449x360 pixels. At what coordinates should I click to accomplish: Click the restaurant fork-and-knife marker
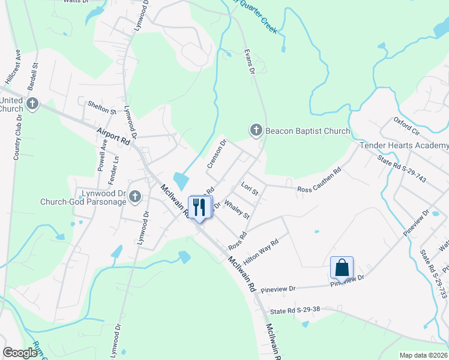[199, 207]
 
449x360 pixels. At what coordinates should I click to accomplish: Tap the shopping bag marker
[342, 267]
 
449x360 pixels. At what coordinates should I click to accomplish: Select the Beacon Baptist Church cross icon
[256, 130]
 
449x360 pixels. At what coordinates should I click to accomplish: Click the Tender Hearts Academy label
[404, 146]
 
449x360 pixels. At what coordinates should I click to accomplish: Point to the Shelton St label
[101, 110]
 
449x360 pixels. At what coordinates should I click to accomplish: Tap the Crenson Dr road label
[217, 154]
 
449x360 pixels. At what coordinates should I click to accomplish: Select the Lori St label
[249, 188]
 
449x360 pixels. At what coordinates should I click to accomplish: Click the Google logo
[20, 352]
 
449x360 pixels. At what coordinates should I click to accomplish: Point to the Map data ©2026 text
[423, 355]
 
